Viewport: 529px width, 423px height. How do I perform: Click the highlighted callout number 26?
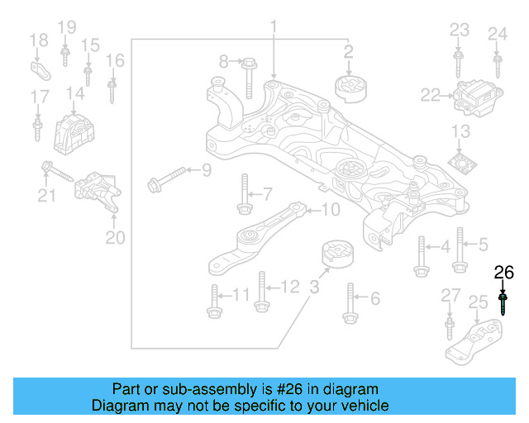click(503, 272)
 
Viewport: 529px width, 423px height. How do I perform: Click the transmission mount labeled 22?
click(472, 96)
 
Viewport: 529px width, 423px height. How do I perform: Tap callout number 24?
click(497, 34)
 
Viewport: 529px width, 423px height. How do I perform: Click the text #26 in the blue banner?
click(278, 389)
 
